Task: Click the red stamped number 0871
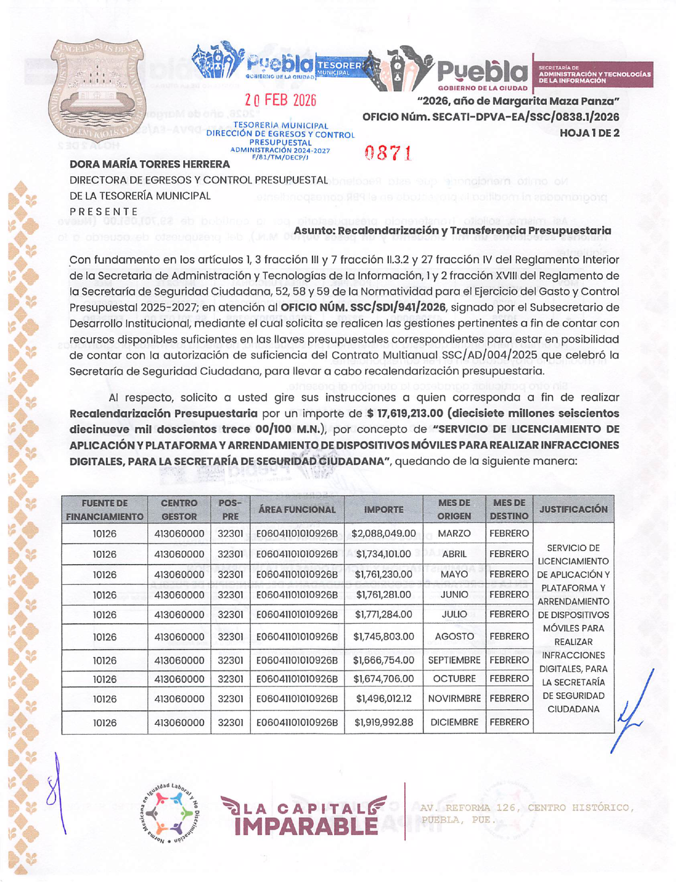[388, 153]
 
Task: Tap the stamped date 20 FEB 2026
[280, 100]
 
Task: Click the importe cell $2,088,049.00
[383, 534]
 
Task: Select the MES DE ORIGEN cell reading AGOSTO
[454, 637]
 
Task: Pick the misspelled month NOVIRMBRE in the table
[454, 699]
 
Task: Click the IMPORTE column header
[383, 510]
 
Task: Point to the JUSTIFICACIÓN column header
[573, 509]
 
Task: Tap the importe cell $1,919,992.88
[383, 722]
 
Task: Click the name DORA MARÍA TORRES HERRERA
[150, 164]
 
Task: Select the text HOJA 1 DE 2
[589, 133]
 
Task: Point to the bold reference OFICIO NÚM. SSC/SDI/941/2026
[363, 308]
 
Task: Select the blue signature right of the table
[634, 710]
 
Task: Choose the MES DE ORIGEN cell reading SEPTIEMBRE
[454, 660]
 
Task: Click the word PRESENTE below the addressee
[104, 212]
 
